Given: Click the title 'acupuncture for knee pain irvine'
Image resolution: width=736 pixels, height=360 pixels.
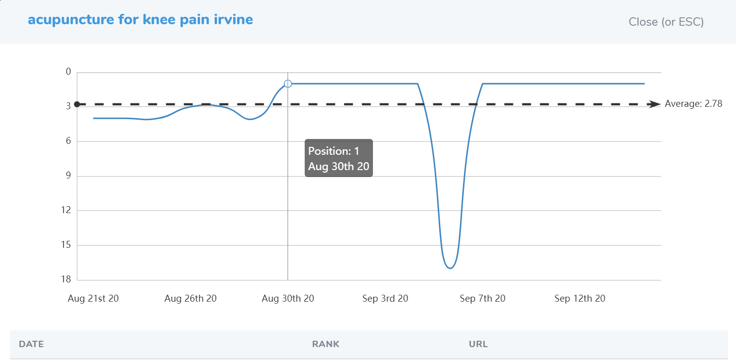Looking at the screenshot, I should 140,20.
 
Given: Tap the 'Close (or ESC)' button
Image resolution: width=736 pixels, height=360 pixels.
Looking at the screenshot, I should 666,22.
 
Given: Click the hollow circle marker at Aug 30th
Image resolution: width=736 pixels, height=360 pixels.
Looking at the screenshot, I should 288,84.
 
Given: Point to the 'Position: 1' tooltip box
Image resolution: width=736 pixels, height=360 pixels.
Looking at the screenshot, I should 338,158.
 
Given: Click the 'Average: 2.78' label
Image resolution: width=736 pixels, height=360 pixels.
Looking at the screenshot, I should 693,104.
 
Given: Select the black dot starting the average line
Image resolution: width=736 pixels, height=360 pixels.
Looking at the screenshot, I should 77,104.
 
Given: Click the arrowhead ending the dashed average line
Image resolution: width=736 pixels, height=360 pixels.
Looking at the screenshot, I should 655,104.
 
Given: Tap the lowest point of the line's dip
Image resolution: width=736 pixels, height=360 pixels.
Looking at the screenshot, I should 450,268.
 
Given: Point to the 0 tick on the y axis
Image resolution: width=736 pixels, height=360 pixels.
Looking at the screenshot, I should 68,72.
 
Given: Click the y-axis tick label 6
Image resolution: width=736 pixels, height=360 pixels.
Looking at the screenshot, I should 68,141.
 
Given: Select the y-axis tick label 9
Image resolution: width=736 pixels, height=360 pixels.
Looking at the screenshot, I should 68,176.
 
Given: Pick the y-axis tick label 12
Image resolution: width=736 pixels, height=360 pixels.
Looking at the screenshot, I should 67,211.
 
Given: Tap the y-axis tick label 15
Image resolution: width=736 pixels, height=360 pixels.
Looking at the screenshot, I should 67,245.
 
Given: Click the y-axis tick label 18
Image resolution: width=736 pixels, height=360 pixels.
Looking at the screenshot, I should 67,280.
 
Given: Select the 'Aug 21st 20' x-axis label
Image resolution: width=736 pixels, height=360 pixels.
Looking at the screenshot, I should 93,299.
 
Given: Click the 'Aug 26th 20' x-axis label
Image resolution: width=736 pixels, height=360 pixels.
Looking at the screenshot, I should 190,299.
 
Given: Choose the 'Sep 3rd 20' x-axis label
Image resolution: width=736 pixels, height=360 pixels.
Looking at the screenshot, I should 385,299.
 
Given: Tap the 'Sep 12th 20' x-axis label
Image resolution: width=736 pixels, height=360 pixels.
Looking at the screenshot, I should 580,299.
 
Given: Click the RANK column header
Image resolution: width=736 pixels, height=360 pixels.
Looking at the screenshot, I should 325,344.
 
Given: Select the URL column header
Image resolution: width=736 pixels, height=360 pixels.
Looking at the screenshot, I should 478,344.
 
